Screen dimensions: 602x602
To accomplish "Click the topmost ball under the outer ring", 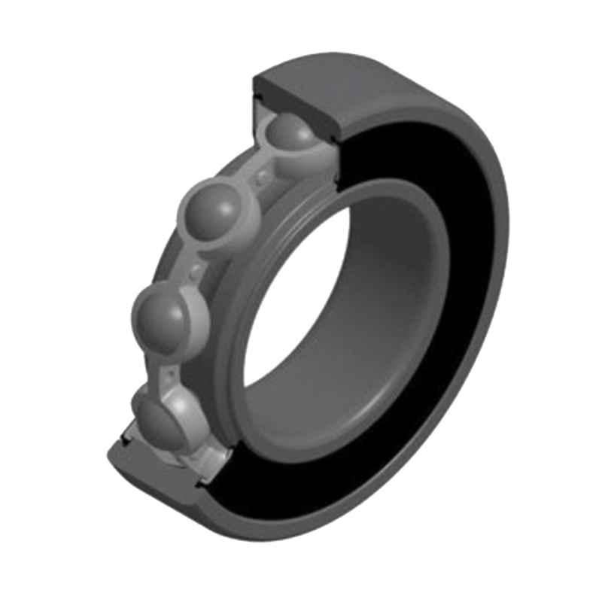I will [292, 135].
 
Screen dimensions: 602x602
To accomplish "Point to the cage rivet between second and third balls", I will [197, 269].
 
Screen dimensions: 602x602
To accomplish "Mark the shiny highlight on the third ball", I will [154, 305].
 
